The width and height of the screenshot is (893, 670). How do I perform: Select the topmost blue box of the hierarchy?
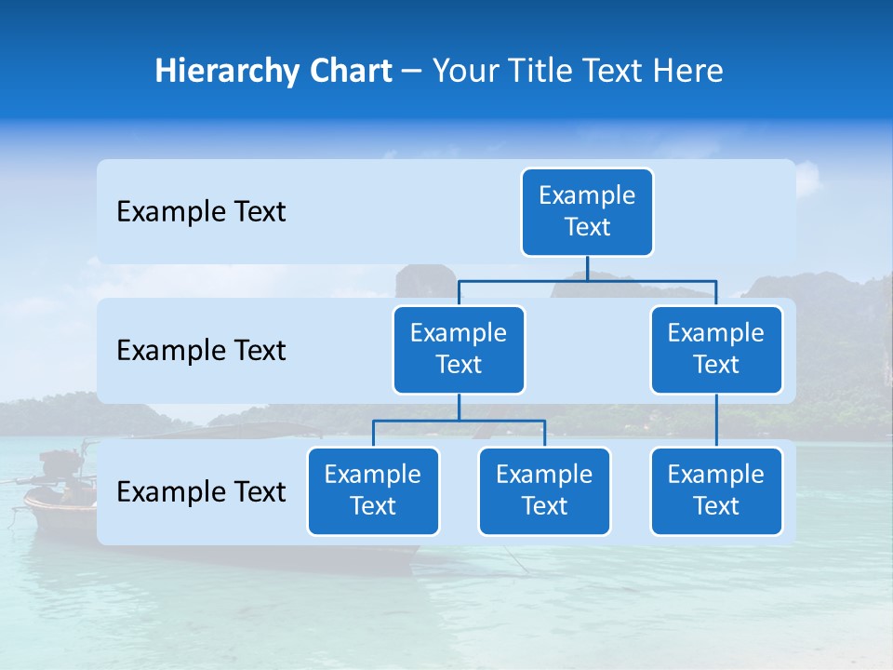point(587,212)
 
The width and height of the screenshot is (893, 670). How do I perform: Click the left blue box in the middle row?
point(459,350)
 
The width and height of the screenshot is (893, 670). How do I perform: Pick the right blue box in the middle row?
point(716,350)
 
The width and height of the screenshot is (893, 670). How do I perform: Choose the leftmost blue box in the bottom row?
point(373,491)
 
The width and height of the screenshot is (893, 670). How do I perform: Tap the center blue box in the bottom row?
point(544,491)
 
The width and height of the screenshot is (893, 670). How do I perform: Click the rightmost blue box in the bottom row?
point(716,491)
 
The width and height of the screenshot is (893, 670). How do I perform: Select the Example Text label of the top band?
point(201,212)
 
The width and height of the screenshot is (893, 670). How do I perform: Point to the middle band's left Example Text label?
point(201,351)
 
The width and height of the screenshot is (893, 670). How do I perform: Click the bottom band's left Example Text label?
point(201,492)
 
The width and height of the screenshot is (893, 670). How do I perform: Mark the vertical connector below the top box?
point(587,268)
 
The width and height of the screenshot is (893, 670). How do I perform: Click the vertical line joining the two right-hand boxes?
point(716,421)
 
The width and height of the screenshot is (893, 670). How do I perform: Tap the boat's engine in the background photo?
point(61,464)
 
